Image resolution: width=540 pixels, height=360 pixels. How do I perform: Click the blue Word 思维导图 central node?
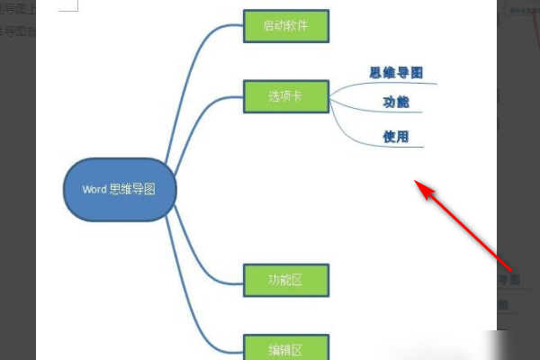[117, 189]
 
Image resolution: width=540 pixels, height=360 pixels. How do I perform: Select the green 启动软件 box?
[285, 26]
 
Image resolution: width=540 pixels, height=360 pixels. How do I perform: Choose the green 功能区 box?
[285, 280]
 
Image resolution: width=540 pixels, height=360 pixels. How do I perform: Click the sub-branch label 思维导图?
[396, 72]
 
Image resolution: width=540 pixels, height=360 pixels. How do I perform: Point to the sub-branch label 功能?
[396, 103]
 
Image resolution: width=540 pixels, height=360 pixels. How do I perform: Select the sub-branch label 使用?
[396, 137]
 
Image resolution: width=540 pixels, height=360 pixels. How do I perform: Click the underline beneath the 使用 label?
[396, 146]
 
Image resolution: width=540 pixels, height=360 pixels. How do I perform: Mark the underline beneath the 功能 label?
[396, 112]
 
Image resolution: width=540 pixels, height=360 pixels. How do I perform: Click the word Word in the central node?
[94, 189]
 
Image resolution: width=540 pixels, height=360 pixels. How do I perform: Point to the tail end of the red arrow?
[511, 269]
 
